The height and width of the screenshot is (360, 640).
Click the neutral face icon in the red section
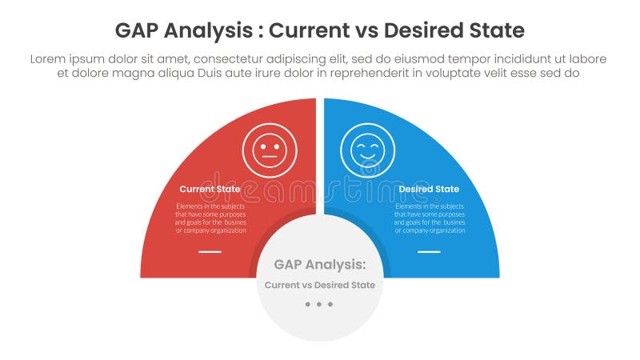click(270, 150)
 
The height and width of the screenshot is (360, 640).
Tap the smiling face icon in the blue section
click(367, 150)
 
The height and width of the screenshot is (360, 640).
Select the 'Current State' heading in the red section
click(210, 190)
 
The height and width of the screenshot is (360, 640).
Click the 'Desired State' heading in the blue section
click(429, 190)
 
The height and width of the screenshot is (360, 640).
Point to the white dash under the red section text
click(210, 251)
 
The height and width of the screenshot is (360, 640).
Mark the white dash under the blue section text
click(429, 251)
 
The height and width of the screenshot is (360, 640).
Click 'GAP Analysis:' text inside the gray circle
click(320, 264)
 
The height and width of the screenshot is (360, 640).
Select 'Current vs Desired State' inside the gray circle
click(320, 285)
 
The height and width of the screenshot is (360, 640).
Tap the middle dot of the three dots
click(320, 304)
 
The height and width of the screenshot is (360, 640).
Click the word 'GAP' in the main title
click(136, 31)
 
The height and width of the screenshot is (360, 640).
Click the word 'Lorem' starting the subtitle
click(49, 59)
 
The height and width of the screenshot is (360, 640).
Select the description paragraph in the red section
click(210, 218)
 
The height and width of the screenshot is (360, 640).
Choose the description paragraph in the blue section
click(430, 218)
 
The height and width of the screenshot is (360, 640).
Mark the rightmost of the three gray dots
click(330, 304)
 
